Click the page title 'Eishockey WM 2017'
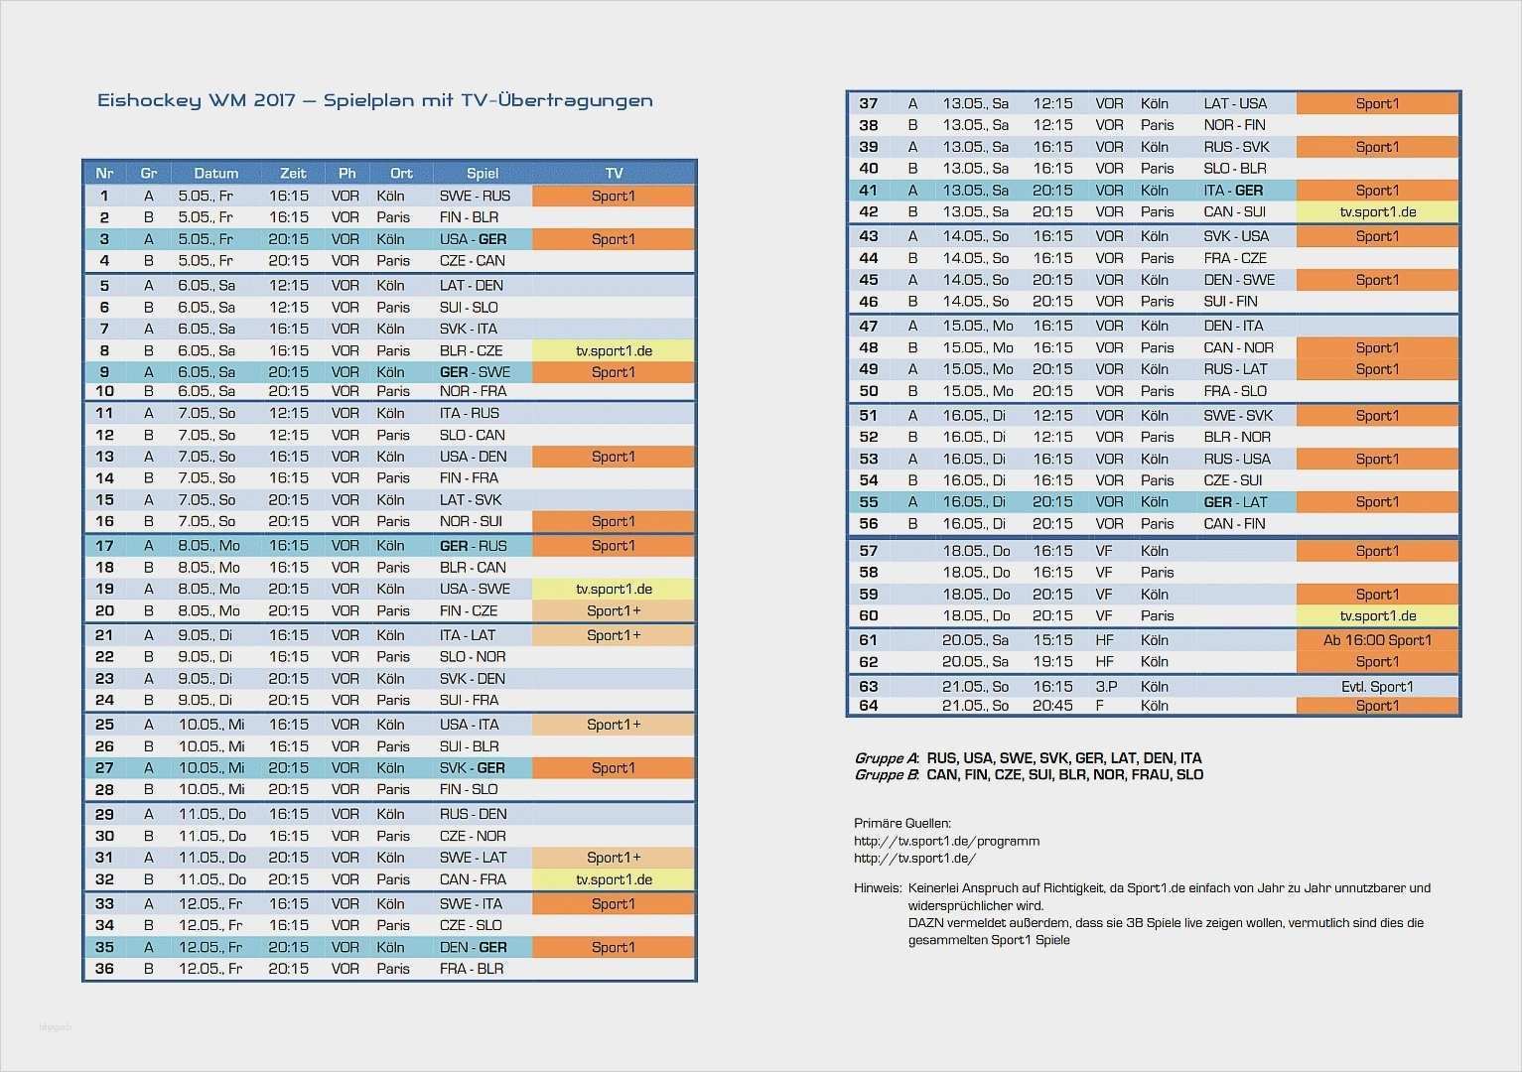click(x=197, y=100)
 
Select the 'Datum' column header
click(x=215, y=173)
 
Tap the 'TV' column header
click(x=614, y=173)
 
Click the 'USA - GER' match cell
click(x=473, y=239)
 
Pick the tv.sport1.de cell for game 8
click(x=614, y=350)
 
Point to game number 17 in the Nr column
click(x=104, y=546)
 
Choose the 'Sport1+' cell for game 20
click(x=614, y=611)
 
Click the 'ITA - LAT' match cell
click(x=468, y=635)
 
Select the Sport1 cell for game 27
click(x=614, y=768)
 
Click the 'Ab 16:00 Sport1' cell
click(x=1377, y=640)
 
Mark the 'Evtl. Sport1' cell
click(x=1377, y=687)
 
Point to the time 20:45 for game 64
click(x=1052, y=706)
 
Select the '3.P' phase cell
click(x=1106, y=687)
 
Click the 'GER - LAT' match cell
click(x=1235, y=502)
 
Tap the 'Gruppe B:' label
click(x=887, y=775)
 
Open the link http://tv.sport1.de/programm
click(x=946, y=841)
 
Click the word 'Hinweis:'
click(x=878, y=888)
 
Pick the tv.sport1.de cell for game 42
click(x=1377, y=211)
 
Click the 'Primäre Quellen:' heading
click(x=901, y=823)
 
